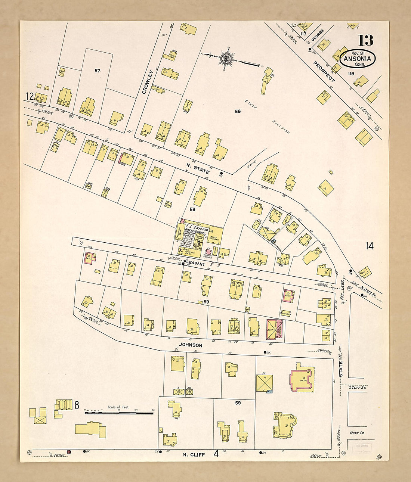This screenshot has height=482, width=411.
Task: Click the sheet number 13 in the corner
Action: [x=365, y=40]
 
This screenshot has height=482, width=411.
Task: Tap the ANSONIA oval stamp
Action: [x=357, y=59]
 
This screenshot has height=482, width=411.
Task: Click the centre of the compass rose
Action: [x=226, y=58]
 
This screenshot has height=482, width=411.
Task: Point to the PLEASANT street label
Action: [x=195, y=264]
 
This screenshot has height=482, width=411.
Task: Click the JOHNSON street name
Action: [x=191, y=345]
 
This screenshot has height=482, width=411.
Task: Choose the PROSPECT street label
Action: [x=324, y=71]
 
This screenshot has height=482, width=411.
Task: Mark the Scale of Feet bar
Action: [x=119, y=413]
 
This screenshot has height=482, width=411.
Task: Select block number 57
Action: [x=97, y=71]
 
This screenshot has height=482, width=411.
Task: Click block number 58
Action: [x=238, y=111]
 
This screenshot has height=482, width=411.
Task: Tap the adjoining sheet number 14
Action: [x=369, y=246]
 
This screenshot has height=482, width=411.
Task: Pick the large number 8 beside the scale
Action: [x=76, y=405]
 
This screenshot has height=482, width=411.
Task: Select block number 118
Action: [x=350, y=74]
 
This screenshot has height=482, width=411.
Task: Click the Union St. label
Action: [x=356, y=433]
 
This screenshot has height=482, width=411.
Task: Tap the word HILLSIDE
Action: [x=280, y=127]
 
